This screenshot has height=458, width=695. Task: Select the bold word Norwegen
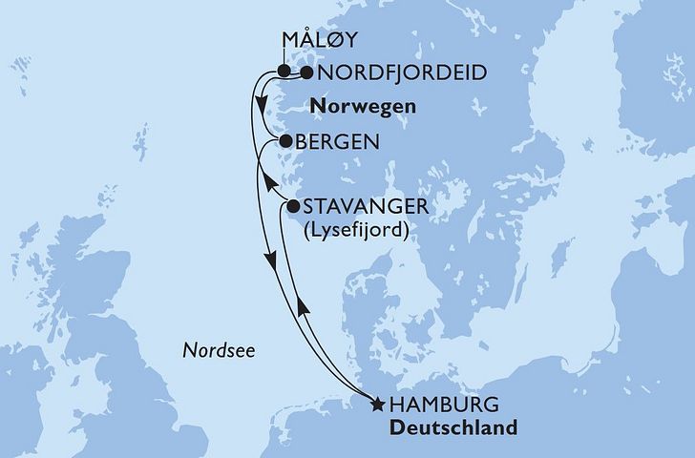click(368, 106)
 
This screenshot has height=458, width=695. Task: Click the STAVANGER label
click(364, 205)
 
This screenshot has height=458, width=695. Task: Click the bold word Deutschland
click(455, 427)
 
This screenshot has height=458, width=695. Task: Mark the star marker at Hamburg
click(378, 405)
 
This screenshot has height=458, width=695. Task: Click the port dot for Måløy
click(284, 71)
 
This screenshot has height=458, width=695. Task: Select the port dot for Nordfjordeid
click(307, 72)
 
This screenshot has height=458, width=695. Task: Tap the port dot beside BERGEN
click(284, 141)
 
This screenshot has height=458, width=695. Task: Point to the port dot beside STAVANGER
click(292, 203)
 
